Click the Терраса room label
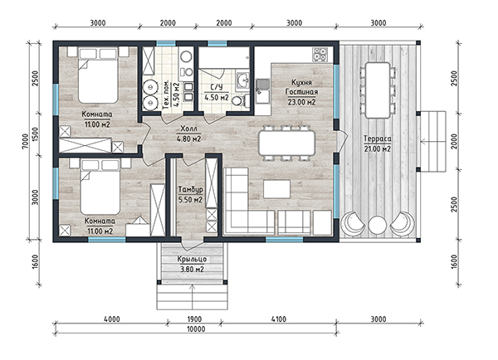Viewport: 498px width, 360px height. click(378, 139)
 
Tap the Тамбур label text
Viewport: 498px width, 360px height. click(190, 189)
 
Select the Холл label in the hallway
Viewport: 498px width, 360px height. click(188, 129)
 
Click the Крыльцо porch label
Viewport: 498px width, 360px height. click(193, 259)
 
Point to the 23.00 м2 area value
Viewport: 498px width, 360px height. click(301, 102)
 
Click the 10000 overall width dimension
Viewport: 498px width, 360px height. click(196, 328)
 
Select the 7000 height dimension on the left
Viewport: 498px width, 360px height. click(26, 141)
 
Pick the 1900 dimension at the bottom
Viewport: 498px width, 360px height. click(193, 319)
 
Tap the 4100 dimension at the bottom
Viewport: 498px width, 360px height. click(279, 319)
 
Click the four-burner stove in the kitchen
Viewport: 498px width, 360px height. click(320, 54)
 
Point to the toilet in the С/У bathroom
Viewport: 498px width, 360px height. click(239, 100)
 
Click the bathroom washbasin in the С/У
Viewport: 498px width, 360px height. click(243, 80)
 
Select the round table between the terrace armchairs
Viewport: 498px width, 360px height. click(378, 225)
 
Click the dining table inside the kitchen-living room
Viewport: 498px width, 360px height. click(287, 144)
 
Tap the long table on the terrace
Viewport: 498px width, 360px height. click(378, 90)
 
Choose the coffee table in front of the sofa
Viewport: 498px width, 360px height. click(276, 189)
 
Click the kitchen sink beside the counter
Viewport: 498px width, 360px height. click(262, 85)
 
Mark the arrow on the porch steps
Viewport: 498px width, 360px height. click(193, 297)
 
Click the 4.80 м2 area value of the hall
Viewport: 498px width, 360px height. click(188, 139)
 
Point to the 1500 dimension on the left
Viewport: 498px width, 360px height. click(35, 134)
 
